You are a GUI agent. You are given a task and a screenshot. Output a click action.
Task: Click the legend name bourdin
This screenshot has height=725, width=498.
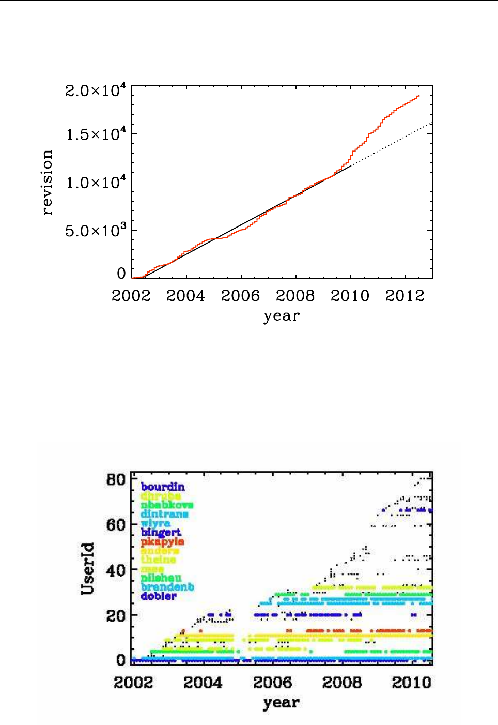pos(162,487)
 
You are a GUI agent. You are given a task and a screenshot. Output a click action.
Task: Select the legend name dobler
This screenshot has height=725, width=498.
pos(159,596)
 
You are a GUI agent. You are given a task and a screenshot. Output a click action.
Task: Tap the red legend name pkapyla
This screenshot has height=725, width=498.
pos(162,541)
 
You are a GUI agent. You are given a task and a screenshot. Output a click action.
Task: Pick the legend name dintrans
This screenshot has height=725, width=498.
pos(164,514)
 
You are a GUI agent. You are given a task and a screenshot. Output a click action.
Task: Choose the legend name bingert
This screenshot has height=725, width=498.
pos(161,532)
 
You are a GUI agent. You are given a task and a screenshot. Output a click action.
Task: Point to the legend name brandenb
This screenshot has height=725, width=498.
pos(167,587)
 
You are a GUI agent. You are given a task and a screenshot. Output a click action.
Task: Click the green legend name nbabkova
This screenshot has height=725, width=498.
pos(167,505)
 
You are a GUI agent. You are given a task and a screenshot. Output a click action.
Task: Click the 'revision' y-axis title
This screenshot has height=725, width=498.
pos(47,182)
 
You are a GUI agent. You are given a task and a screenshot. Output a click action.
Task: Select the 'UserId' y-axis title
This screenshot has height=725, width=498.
pos(88,568)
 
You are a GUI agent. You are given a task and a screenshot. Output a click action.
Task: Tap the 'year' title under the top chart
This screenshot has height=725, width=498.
pos(282,316)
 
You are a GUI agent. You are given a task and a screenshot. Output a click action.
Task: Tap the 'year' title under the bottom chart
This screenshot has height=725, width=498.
pos(281,703)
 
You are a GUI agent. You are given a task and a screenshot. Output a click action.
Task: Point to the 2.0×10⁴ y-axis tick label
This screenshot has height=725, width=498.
pos(96,91)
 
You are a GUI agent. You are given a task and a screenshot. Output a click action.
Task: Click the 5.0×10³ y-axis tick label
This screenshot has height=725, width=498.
pos(96,231)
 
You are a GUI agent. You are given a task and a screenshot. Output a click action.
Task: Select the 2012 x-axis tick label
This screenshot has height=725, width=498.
pos(404,296)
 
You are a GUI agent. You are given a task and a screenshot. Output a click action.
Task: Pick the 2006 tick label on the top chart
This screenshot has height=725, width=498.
pos(240,296)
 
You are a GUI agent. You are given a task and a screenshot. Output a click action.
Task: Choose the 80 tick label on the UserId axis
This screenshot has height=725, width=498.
pos(116,480)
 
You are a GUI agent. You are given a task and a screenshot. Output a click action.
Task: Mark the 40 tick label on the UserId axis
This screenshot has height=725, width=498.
pos(116,570)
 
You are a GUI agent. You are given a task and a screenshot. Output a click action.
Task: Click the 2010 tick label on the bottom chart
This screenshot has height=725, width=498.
pos(411,683)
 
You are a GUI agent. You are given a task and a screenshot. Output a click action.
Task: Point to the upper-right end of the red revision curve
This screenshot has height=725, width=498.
pos(419,96)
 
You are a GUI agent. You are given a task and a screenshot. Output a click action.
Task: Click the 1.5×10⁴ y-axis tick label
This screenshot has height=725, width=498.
pos(96,135)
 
